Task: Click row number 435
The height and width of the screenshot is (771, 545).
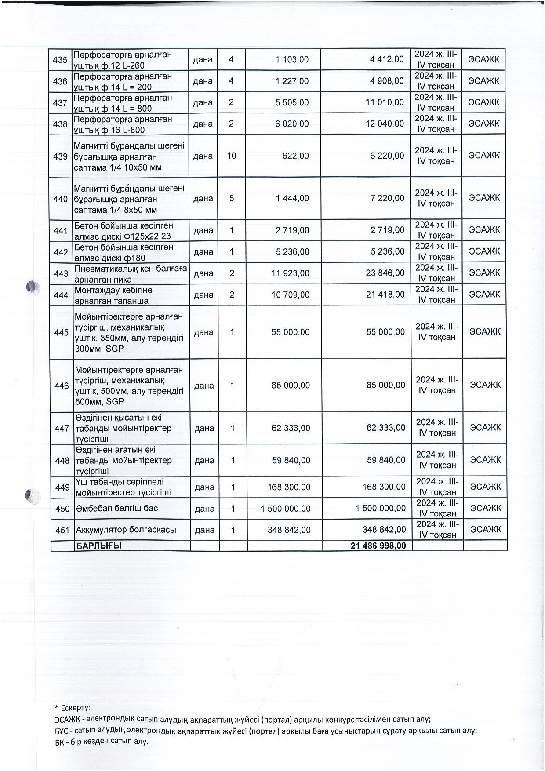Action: click(x=60, y=60)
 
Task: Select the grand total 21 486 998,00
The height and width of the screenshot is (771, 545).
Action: click(x=378, y=546)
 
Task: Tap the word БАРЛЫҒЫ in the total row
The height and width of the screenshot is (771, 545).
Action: click(x=99, y=546)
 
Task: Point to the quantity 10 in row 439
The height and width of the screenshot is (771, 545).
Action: click(x=231, y=156)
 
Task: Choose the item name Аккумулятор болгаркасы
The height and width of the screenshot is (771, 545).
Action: click(x=126, y=530)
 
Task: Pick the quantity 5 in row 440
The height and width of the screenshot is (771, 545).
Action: click(x=232, y=198)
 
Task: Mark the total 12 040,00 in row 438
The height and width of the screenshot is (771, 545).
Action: click(x=385, y=124)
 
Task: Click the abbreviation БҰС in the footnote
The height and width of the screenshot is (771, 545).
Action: click(x=62, y=731)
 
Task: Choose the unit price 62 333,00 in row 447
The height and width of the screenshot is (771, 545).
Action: click(x=291, y=428)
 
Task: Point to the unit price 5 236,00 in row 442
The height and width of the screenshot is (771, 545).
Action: click(x=293, y=252)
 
